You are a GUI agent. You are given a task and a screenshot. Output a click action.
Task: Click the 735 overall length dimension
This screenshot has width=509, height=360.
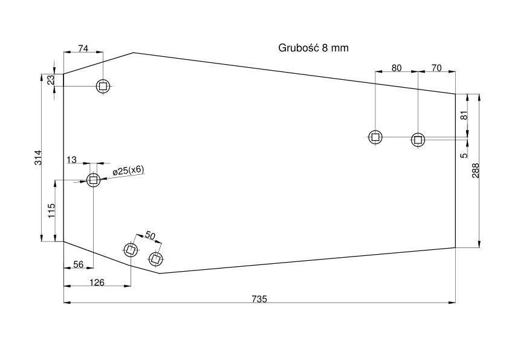pyautogui.click(x=259, y=299)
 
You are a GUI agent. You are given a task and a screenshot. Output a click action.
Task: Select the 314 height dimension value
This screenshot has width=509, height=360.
pyautogui.click(x=38, y=157)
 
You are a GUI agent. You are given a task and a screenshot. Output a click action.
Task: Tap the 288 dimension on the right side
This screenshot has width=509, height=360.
pyautogui.click(x=476, y=170)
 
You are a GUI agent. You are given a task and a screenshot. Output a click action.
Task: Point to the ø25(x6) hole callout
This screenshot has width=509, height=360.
pyautogui.click(x=128, y=171)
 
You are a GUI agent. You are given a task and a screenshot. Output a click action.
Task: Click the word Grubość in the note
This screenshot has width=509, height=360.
pyautogui.click(x=299, y=48)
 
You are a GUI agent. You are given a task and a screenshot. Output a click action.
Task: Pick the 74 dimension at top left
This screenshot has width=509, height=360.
pyautogui.click(x=83, y=49)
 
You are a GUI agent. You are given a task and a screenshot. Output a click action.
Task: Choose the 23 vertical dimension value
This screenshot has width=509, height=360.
pyautogui.click(x=51, y=80)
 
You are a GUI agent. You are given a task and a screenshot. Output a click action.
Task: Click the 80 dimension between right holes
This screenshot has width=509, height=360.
pyautogui.click(x=397, y=68)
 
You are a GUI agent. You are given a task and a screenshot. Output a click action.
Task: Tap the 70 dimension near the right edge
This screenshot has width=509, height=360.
pyautogui.click(x=436, y=68)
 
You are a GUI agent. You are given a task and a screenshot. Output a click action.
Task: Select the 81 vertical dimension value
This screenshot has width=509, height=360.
pyautogui.click(x=464, y=116)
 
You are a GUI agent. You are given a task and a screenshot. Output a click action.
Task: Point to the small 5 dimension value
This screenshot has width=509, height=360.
pyautogui.click(x=465, y=155)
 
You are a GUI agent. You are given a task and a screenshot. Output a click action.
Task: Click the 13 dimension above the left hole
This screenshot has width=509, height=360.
pyautogui.click(x=71, y=160)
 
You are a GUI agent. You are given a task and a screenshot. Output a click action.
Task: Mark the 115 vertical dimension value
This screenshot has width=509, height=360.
pyautogui.click(x=51, y=211)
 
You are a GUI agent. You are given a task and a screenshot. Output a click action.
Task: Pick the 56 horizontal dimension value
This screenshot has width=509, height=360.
pyautogui.click(x=78, y=264)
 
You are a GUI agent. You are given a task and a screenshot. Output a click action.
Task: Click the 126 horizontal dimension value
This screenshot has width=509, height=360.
pyautogui.click(x=97, y=283)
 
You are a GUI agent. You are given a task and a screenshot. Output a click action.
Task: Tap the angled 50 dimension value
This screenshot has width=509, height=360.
pyautogui.click(x=150, y=235)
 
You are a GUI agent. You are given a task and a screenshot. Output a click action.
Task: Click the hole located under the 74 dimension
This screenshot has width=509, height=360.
pyautogui.click(x=103, y=86)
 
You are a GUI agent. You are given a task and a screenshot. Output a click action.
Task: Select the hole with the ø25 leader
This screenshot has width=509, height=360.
pyautogui.click(x=94, y=180)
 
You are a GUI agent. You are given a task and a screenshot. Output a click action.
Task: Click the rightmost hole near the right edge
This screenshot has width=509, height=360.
pyautogui.click(x=418, y=140)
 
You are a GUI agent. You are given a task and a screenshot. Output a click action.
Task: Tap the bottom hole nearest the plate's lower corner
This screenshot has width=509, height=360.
pyautogui.click(x=156, y=259)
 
